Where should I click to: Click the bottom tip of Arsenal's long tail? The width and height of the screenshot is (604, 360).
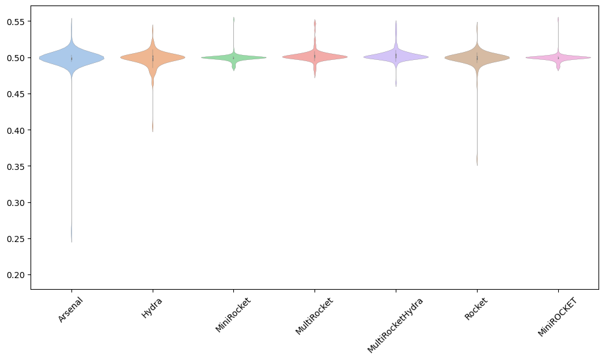[71, 241]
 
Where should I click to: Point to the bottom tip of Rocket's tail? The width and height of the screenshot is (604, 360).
[477, 165]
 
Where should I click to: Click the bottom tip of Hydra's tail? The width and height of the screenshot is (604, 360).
[153, 131]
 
